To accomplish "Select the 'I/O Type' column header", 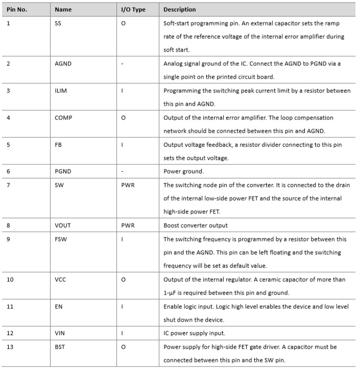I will click(x=133, y=10).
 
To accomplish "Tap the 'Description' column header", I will click(x=180, y=10).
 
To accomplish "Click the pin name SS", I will click(x=58, y=23).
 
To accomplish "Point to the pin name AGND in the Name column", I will click(x=63, y=64).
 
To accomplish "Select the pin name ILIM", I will click(x=61, y=91).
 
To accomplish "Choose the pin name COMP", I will click(x=63, y=118).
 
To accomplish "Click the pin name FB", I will click(x=58, y=144).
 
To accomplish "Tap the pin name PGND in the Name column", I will click(x=63, y=171).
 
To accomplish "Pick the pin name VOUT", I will click(x=63, y=225).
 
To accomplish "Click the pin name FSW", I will click(x=60, y=239).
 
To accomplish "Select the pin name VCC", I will click(x=60, y=279).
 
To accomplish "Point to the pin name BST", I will click(x=60, y=347).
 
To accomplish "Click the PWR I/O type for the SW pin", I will click(x=128, y=185).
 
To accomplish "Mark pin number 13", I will click(x=10, y=347).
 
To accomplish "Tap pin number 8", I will click(x=9, y=225).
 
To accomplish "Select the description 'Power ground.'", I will click(x=183, y=171).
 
